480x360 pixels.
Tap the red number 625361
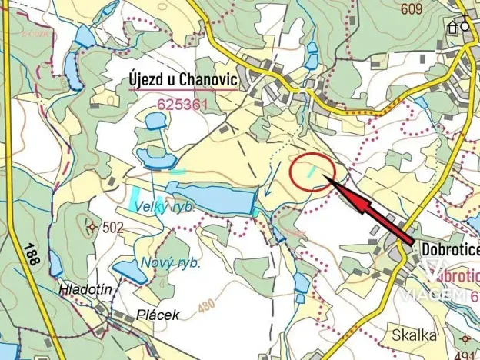(181, 103)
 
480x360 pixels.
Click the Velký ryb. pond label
(162, 207)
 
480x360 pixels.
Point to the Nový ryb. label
(171, 263)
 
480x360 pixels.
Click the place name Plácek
(157, 315)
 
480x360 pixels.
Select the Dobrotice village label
(449, 249)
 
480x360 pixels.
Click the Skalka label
(414, 335)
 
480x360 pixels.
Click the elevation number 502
(112, 227)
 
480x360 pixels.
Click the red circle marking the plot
(312, 173)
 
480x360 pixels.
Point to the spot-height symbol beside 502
(93, 227)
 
